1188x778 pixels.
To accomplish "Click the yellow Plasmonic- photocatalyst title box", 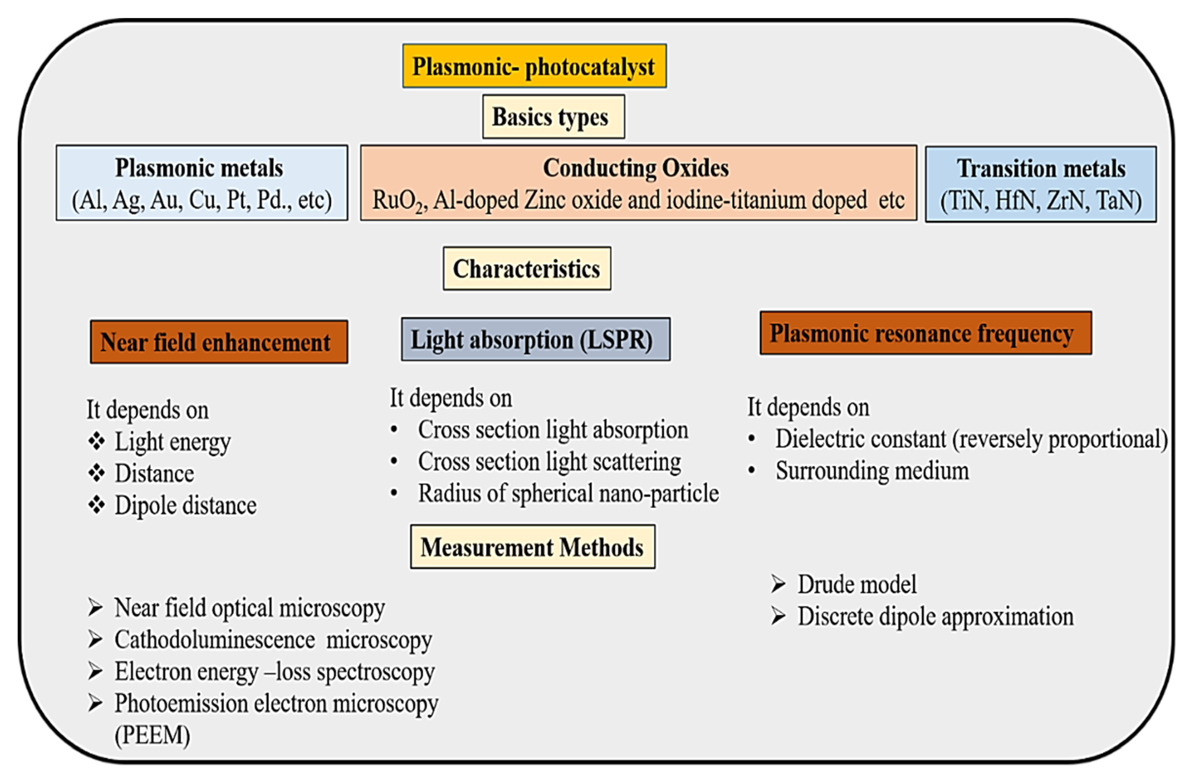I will (534, 66).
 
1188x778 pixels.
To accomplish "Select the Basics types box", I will (553, 117).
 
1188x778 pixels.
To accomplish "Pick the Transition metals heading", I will (1041, 168).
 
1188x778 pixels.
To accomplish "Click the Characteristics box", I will (527, 268).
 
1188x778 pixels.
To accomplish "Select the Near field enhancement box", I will (219, 342).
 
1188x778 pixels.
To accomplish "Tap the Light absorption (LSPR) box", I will (535, 340).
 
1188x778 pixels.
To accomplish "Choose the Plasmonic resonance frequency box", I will (925, 333).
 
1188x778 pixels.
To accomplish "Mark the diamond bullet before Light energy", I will (97, 441).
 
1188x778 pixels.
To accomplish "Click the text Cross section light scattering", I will (549, 461).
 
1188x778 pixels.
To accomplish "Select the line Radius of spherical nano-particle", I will (568, 493).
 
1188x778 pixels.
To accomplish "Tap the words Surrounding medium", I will (872, 471).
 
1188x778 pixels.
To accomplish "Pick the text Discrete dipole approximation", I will (935, 616).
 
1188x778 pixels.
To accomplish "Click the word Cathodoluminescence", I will (215, 639).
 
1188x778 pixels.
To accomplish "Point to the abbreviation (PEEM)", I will (152, 735).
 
